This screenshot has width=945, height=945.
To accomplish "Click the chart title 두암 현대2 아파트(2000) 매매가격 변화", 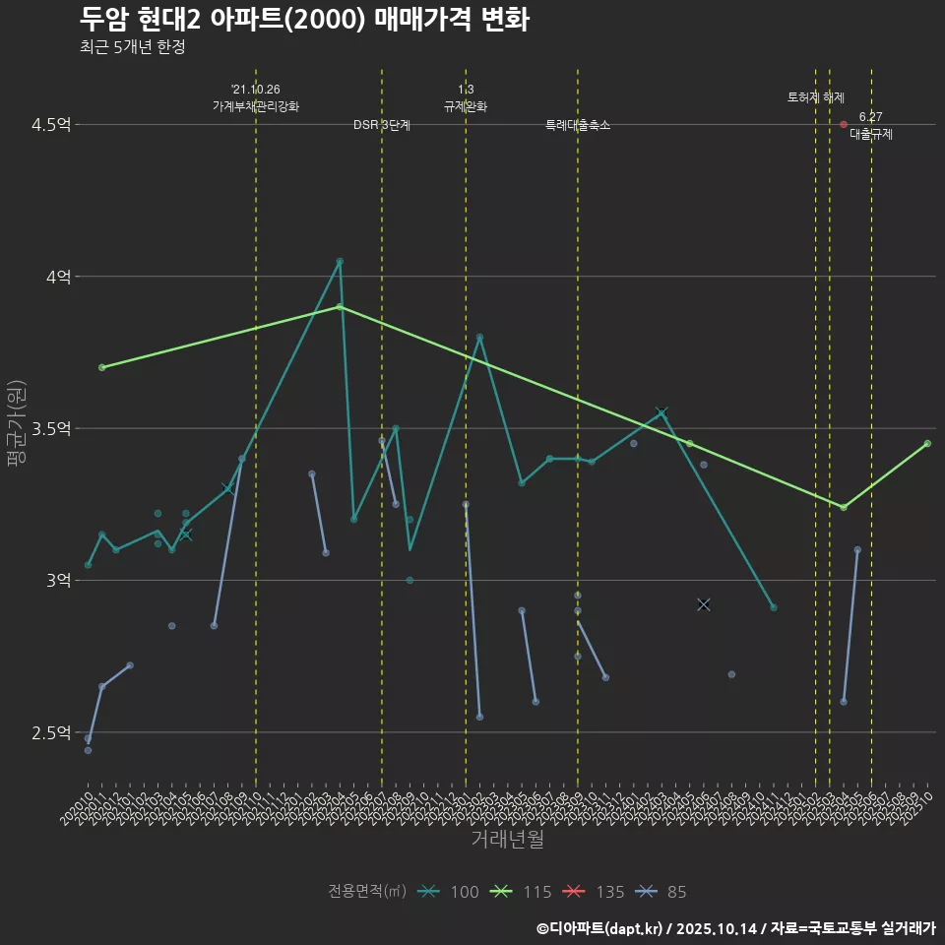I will [x=304, y=19].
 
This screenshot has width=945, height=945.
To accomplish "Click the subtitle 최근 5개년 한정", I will [x=132, y=46].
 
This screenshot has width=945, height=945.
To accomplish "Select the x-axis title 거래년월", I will [x=507, y=840].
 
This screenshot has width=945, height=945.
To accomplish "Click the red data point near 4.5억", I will [x=844, y=125].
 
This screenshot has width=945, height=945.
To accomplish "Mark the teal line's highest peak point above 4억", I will [x=340, y=262].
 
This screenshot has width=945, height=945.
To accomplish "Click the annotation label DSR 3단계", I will [x=382, y=126].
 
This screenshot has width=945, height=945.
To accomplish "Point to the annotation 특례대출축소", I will [x=578, y=126].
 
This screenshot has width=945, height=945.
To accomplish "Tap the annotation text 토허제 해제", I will [x=816, y=97].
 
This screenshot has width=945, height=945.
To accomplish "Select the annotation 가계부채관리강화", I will [x=256, y=106].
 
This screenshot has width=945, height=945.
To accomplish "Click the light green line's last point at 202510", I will [x=927, y=444].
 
